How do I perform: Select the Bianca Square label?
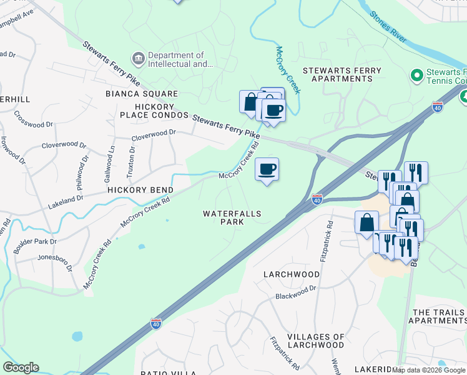point(142,94)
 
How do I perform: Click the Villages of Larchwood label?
point(315,341)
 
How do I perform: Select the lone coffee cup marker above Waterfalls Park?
point(267,169)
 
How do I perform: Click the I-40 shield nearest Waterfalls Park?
point(317,200)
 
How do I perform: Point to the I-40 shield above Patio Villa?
point(156,324)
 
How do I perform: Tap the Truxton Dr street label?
point(132,158)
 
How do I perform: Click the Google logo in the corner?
point(21,367)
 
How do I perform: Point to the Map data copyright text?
point(428,370)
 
